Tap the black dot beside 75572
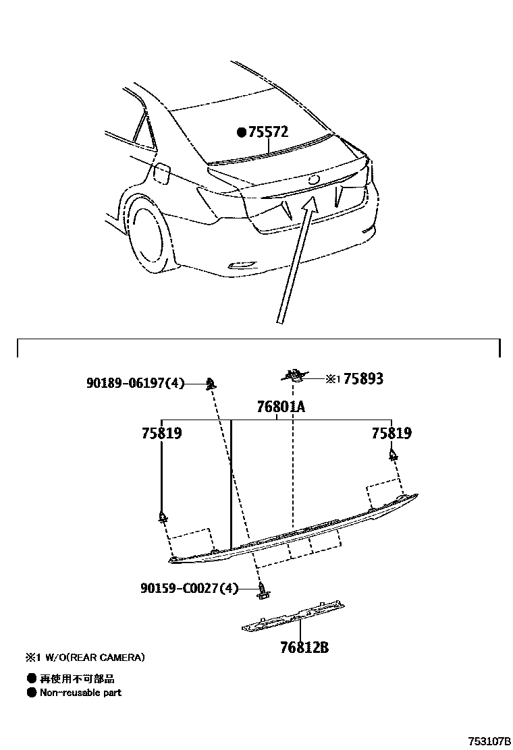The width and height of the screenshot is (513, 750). tap(242, 132)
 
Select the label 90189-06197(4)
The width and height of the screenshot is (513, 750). tap(135, 383)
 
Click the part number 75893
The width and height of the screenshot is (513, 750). tap(363, 379)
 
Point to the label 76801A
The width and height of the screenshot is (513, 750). tap(281, 407)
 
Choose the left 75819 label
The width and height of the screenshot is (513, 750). tap(162, 433)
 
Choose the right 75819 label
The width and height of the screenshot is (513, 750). tap(391, 433)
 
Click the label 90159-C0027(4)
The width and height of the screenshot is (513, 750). tap(190, 588)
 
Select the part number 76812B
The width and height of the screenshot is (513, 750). tap(304, 647)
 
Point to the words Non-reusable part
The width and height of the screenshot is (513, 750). tap(80, 692)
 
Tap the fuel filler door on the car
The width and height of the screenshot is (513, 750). tap(161, 173)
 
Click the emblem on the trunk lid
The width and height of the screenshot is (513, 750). tap(313, 180)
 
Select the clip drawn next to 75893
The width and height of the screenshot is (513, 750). tap(294, 375)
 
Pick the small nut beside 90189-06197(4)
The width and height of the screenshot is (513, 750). tap(211, 384)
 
